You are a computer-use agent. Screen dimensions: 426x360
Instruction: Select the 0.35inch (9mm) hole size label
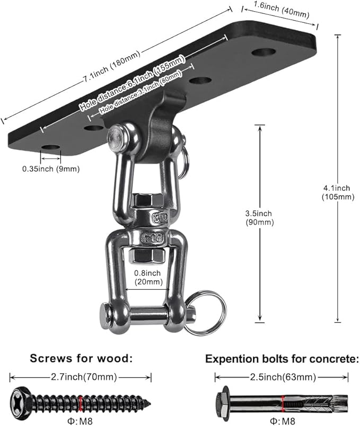(50, 169)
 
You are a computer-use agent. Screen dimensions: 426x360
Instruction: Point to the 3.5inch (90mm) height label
(259, 218)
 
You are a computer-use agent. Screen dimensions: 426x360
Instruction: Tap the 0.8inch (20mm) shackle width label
(148, 278)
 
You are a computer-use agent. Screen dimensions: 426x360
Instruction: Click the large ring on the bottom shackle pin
(207, 313)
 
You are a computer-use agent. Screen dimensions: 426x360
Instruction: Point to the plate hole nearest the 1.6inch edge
(263, 52)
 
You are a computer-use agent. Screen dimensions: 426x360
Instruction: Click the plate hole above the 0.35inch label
(50, 147)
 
